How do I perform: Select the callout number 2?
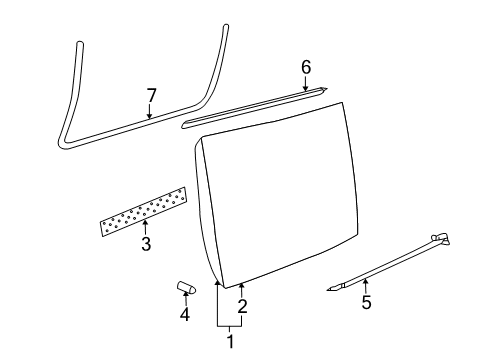[242, 306]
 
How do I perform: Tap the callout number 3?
[146, 244]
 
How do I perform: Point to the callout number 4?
[185, 314]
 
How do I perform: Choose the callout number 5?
[366, 302]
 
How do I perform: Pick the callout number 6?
[306, 67]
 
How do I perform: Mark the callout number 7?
[151, 96]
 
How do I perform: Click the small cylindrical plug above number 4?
[186, 287]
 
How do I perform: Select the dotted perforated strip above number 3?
[143, 212]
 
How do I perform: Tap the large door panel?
[277, 195]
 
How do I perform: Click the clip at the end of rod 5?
[441, 238]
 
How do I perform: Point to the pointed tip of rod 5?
[327, 290]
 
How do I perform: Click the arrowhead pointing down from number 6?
[305, 88]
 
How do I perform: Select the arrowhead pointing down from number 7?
[150, 116]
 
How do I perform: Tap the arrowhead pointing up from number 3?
[145, 222]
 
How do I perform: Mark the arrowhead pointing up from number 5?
[366, 281]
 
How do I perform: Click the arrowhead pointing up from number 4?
[185, 293]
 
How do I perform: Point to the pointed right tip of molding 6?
[327, 88]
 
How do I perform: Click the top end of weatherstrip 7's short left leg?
[80, 43]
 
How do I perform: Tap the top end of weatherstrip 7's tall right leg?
[226, 26]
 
